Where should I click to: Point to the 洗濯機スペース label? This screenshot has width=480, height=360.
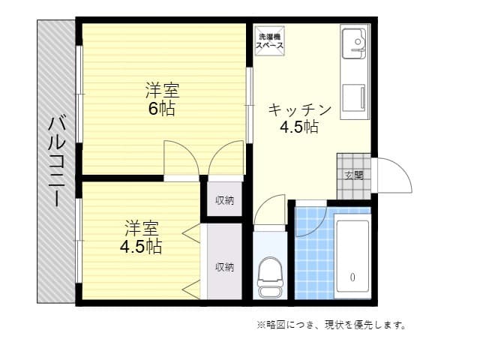point(270,41)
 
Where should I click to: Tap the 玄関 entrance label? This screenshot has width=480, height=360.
point(353,175)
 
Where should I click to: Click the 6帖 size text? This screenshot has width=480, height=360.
point(161,109)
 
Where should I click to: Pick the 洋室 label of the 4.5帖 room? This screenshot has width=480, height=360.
point(142,227)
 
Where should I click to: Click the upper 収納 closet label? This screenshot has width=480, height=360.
point(224,200)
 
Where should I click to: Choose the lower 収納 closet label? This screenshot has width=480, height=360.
point(224,266)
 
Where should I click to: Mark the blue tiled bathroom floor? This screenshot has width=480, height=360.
point(312,262)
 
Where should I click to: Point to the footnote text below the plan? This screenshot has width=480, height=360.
point(331,325)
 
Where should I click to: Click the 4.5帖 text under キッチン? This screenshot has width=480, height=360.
point(299,127)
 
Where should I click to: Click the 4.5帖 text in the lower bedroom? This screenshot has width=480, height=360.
point(142,245)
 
